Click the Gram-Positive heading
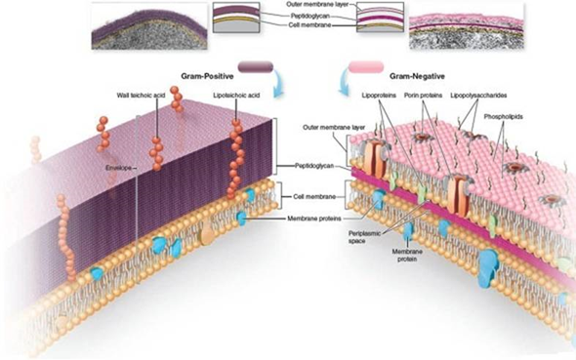click(x=207, y=76)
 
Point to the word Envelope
click(x=120, y=167)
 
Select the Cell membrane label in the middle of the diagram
click(x=315, y=196)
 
